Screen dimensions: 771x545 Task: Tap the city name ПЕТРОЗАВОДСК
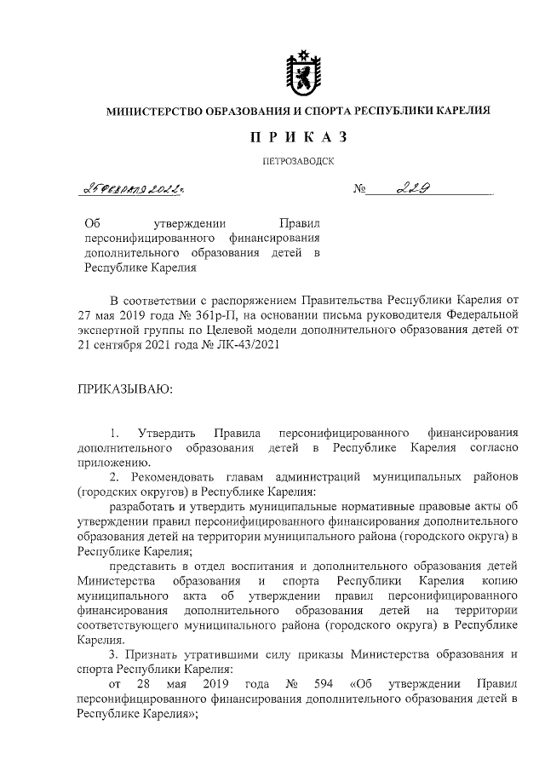point(298,160)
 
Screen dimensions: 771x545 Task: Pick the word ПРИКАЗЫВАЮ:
point(124,388)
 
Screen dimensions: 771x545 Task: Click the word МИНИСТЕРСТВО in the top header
point(152,111)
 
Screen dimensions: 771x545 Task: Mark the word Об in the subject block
point(94,222)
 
